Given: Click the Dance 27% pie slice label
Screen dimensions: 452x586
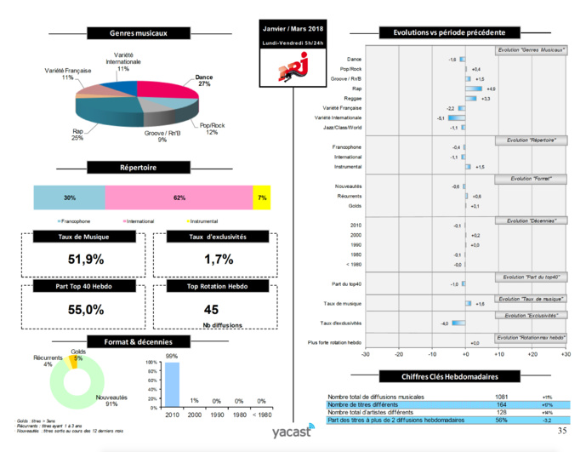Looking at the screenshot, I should (x=203, y=80).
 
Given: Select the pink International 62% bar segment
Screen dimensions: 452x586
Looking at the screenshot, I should (x=179, y=197).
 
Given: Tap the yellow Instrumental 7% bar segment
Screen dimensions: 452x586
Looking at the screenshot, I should (x=262, y=197).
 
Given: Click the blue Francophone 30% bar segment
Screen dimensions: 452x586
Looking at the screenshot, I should (x=69, y=197).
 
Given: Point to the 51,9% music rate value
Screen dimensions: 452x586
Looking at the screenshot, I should (x=85, y=259).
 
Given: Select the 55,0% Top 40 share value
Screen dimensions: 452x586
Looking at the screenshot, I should (x=85, y=311).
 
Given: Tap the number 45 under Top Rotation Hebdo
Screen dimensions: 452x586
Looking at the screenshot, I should (x=212, y=310).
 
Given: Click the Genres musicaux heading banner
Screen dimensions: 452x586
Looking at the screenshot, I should (x=139, y=33).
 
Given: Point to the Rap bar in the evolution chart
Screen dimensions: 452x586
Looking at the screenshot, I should (x=474, y=89).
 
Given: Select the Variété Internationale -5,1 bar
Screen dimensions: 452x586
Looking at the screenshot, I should (x=457, y=117).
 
